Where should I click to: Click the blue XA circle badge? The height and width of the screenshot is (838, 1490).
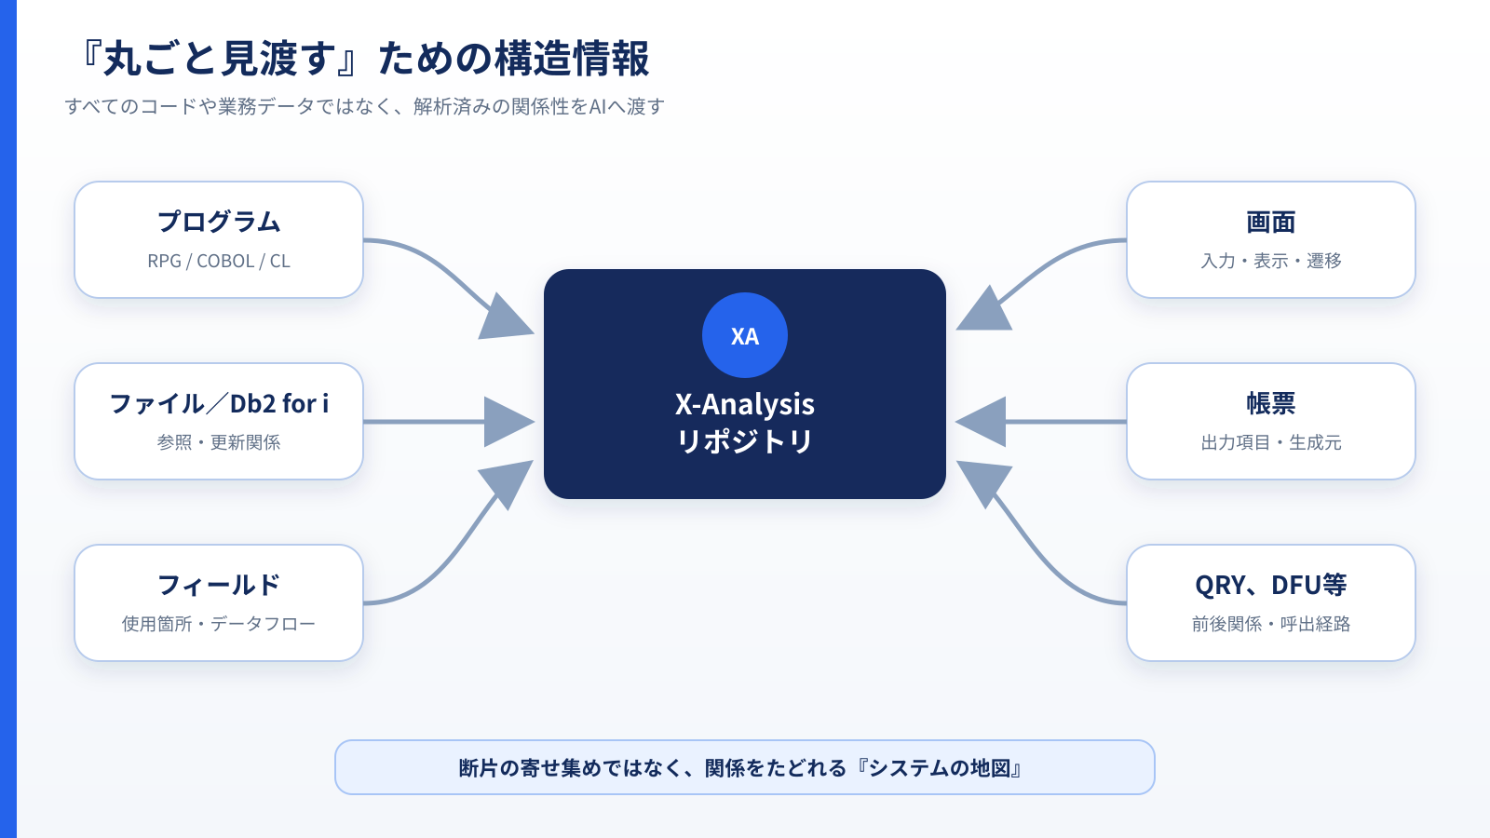click(x=744, y=335)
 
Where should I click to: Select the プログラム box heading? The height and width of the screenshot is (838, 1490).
click(x=219, y=222)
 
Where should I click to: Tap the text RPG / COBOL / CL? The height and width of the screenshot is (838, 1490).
click(x=219, y=261)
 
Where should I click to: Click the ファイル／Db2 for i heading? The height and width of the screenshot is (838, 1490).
click(x=219, y=404)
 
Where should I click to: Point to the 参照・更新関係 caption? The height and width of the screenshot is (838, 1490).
click(x=219, y=442)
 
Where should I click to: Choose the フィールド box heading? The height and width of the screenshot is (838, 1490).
click(x=219, y=586)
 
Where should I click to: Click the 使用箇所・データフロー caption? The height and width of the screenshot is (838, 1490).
click(x=219, y=624)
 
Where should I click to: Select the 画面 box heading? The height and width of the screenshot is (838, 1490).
click(x=1270, y=223)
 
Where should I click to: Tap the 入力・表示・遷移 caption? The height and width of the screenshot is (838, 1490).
click(x=1270, y=261)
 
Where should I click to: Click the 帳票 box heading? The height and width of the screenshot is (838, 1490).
click(x=1270, y=404)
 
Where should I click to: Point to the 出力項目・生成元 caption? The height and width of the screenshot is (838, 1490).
click(x=1270, y=442)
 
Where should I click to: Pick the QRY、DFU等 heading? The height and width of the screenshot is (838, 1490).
click(x=1270, y=586)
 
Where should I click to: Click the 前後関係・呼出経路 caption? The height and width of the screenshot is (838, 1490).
click(x=1270, y=624)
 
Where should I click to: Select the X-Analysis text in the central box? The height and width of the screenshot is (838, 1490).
click(x=744, y=404)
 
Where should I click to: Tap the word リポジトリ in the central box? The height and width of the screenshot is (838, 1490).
click(x=744, y=441)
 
